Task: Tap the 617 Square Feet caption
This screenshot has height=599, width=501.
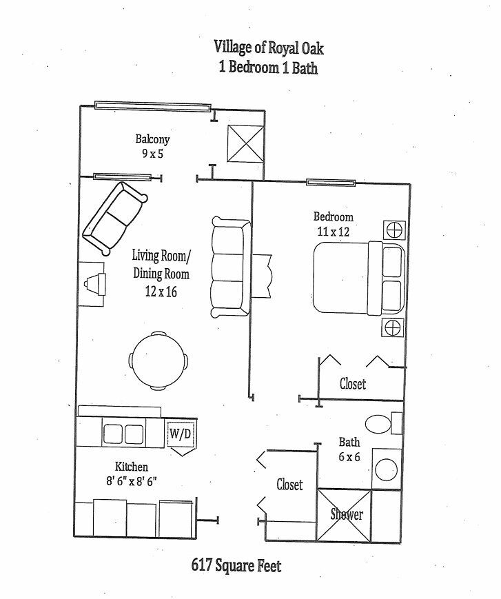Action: point(236,566)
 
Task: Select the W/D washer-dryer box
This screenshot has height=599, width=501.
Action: point(181,434)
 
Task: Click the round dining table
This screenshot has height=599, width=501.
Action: point(159,360)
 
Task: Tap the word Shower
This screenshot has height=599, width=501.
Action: point(346,514)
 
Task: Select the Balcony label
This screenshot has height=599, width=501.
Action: point(152,139)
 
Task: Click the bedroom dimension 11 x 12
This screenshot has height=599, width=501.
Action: point(333,232)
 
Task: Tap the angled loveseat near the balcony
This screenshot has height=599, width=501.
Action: point(114,218)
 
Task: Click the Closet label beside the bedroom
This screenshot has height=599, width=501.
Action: point(352,383)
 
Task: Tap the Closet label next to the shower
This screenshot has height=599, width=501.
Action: point(289,485)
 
